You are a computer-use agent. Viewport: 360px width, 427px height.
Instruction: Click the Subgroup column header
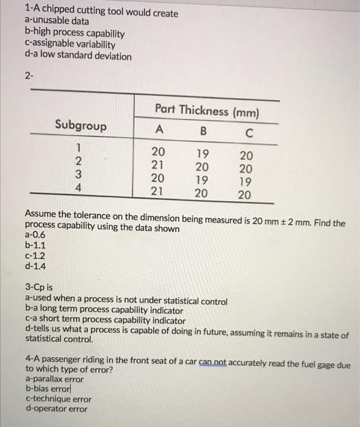tap(81, 126)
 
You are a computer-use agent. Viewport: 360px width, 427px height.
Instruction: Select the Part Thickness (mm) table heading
tap(207, 111)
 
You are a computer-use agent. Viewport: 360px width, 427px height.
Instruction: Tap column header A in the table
tap(159, 129)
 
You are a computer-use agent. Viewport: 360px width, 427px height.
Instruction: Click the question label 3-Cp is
tap(40, 285)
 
